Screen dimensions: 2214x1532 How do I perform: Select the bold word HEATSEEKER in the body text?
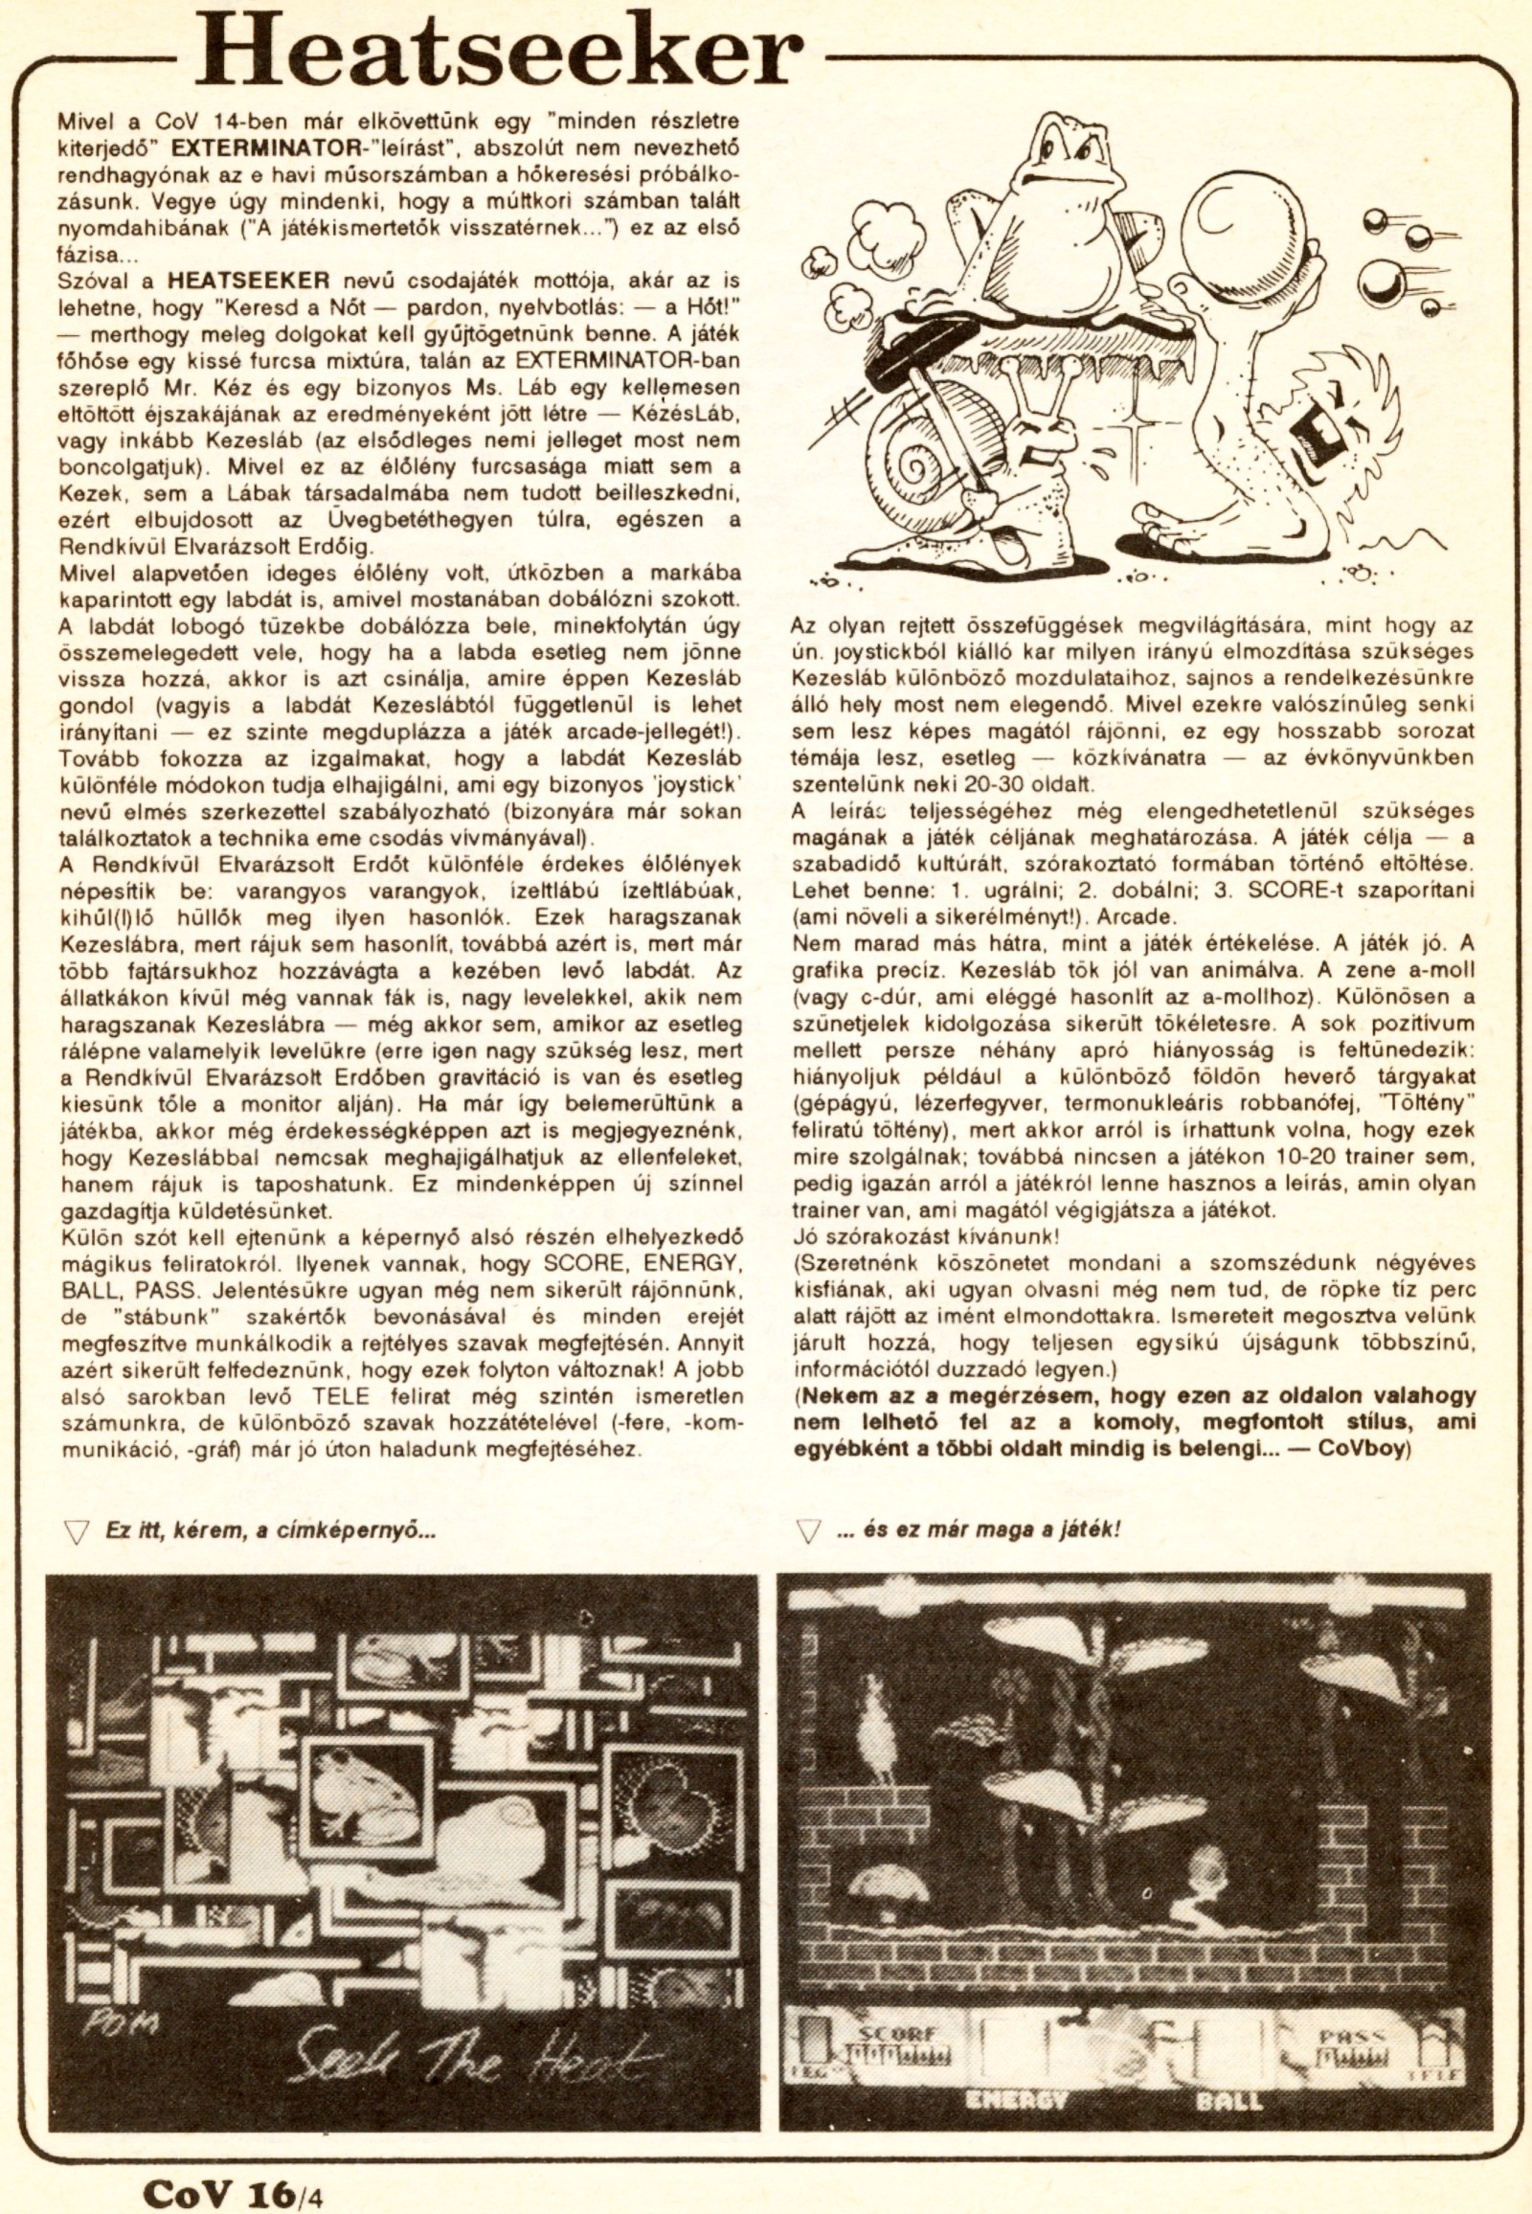[250, 282]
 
